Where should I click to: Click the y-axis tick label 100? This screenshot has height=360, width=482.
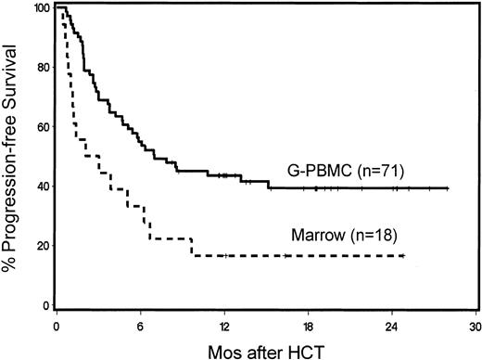35,9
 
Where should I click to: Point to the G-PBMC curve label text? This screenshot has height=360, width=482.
317,170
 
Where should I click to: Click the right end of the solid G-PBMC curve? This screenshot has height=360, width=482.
448,188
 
